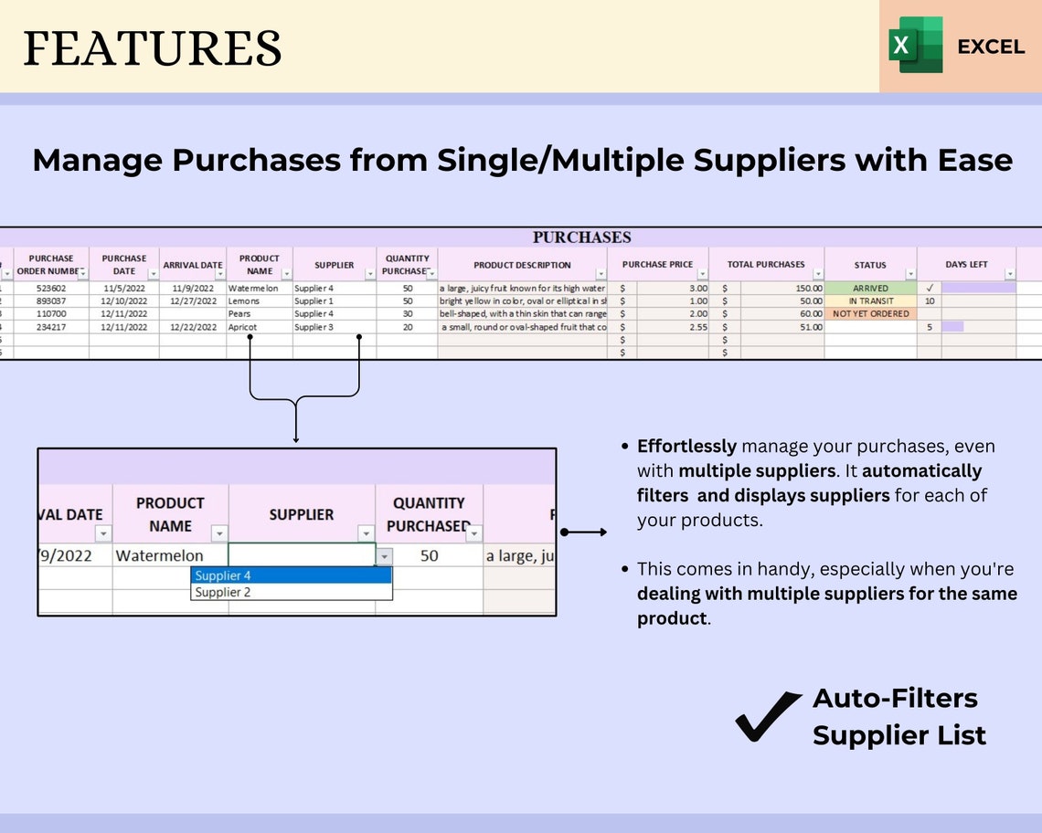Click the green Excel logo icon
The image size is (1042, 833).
(916, 45)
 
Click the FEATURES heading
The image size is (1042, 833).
(152, 47)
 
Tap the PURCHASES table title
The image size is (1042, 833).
(581, 237)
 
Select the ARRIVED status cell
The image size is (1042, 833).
(870, 288)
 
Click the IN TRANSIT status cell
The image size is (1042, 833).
(870, 301)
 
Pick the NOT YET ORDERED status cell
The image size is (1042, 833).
(870, 313)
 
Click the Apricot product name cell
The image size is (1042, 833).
(243, 327)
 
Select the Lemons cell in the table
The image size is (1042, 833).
(244, 301)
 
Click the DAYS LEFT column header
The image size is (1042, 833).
(966, 265)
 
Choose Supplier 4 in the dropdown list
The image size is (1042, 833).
(291, 575)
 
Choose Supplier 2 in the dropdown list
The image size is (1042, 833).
(291, 592)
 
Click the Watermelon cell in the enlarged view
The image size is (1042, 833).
(160, 555)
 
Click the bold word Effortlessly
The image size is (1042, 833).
(686, 447)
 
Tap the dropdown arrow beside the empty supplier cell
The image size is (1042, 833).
(385, 555)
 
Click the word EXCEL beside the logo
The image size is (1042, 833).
(991, 47)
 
